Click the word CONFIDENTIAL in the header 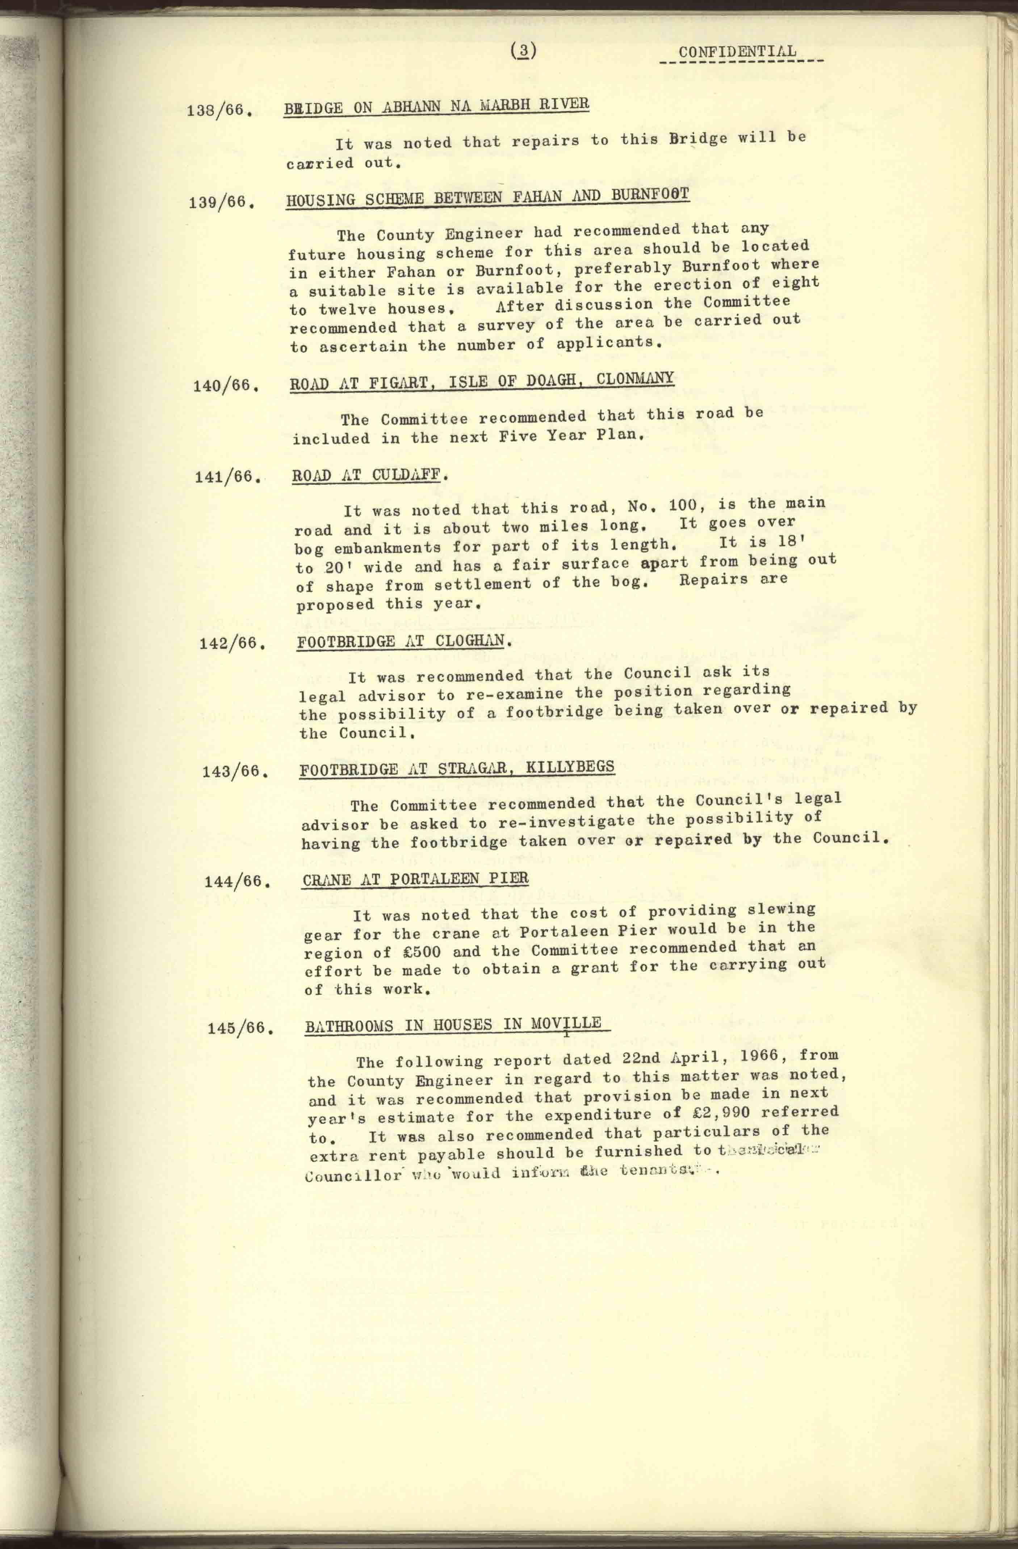point(737,52)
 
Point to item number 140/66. point(225,385)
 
